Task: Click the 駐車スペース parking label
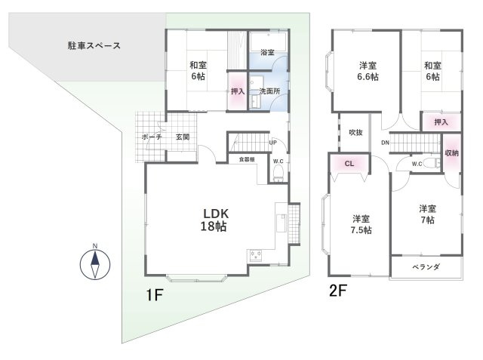pyautogui.click(x=94, y=46)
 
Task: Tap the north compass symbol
pyautogui.click(x=95, y=264)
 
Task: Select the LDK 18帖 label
pyautogui.click(x=214, y=220)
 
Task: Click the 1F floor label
pyautogui.click(x=154, y=295)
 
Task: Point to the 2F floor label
pyautogui.click(x=338, y=291)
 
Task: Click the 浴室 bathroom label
pyautogui.click(x=267, y=52)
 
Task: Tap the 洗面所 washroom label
pyautogui.click(x=270, y=91)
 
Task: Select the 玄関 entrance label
pyautogui.click(x=183, y=137)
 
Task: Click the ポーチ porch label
pyautogui.click(x=152, y=137)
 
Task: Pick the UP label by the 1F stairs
pyautogui.click(x=273, y=143)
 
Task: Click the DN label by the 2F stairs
pyautogui.click(x=385, y=143)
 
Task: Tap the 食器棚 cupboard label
pyautogui.click(x=247, y=159)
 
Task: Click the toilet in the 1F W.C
pyautogui.click(x=278, y=174)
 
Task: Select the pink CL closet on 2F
pyautogui.click(x=349, y=164)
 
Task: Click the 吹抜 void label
pyautogui.click(x=355, y=132)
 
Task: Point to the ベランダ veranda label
pyautogui.click(x=426, y=266)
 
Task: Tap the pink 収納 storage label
pyautogui.click(x=451, y=153)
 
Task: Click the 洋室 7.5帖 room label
pyautogui.click(x=361, y=224)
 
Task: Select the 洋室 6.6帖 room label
pyautogui.click(x=368, y=71)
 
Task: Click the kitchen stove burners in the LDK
pyautogui.click(x=256, y=254)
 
